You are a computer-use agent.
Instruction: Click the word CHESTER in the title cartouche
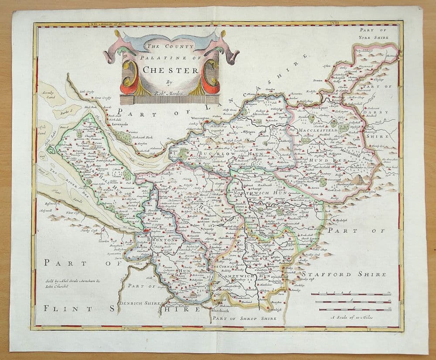170,69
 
